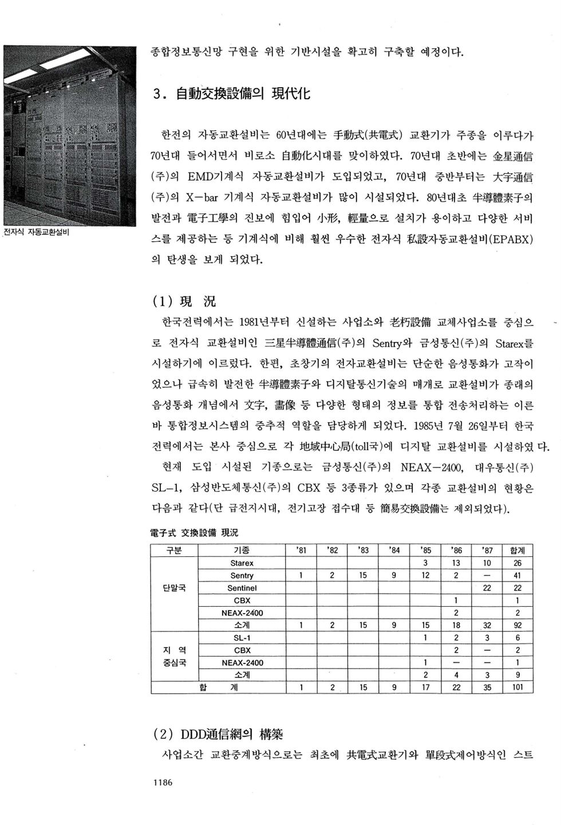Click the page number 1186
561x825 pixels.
click(x=162, y=783)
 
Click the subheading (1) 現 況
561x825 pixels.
click(x=184, y=301)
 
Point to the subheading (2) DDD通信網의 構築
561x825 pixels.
click(x=218, y=734)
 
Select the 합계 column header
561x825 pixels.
click(x=517, y=551)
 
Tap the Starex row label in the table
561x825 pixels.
click(x=242, y=563)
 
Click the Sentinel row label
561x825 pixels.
click(x=242, y=588)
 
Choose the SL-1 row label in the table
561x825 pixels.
click(x=242, y=638)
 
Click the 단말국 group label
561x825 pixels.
click(x=174, y=588)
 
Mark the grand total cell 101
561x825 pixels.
click(x=517, y=687)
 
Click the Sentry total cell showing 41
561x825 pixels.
click(x=517, y=576)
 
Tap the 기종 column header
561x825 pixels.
click(x=242, y=551)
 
